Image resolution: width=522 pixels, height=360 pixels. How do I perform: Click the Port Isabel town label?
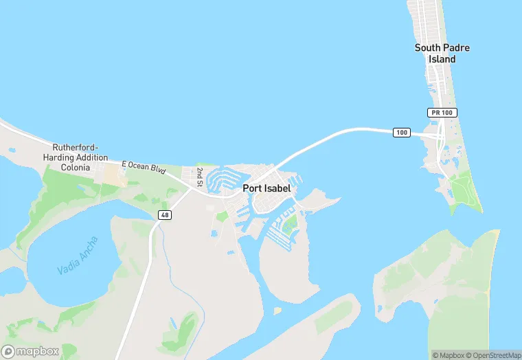266,188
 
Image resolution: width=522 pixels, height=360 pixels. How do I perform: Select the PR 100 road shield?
442,112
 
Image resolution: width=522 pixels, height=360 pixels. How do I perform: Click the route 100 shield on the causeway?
402,132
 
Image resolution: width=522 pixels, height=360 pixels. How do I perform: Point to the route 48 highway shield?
164,215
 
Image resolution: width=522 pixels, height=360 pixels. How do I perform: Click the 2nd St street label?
200,177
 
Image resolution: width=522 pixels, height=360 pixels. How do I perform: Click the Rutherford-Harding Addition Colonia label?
80,157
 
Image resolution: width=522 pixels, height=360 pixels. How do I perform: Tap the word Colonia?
75,167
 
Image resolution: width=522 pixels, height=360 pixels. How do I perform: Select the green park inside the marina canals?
291,223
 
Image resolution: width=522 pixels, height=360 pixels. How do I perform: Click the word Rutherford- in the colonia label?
76,148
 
